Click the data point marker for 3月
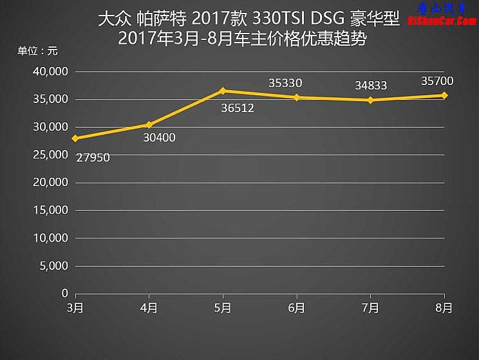[75, 138]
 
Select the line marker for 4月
[149, 124]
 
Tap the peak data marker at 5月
[223, 91]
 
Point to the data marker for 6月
[297, 97]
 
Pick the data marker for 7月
[370, 100]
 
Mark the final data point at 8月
[444, 95]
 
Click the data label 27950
[93, 156]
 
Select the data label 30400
[158, 137]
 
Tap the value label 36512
[237, 108]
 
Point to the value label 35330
[285, 82]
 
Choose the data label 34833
[371, 85]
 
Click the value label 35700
[438, 81]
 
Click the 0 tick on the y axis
[64, 293]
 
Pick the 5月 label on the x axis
[223, 308]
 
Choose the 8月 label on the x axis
[444, 308]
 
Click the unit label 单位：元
[37, 51]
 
